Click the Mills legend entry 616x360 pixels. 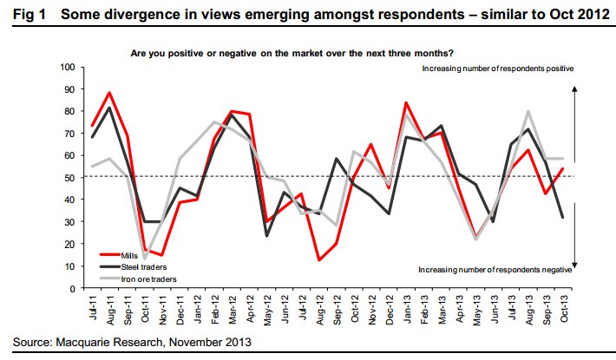[x=117, y=256]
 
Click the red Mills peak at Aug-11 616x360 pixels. [x=109, y=93]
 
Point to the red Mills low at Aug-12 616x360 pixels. [x=321, y=259]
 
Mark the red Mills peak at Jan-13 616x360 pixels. [x=406, y=102]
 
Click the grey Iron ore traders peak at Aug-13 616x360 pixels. [x=528, y=111]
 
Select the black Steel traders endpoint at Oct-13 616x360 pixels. [x=563, y=217]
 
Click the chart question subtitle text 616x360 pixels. [x=303, y=53]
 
